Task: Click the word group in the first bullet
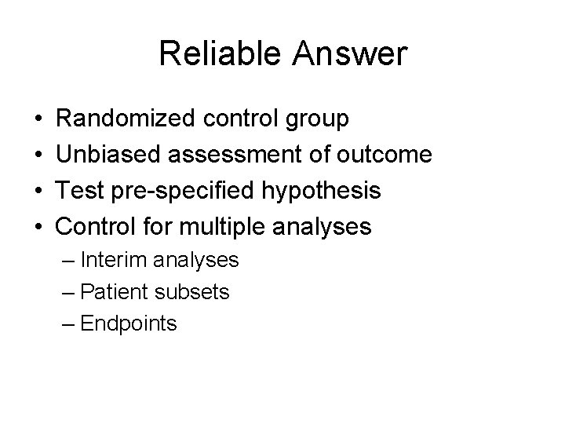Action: [x=316, y=120]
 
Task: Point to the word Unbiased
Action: [x=104, y=155]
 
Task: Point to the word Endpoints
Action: [x=129, y=324]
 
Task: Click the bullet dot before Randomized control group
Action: [x=38, y=119]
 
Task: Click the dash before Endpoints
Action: [x=67, y=324]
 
